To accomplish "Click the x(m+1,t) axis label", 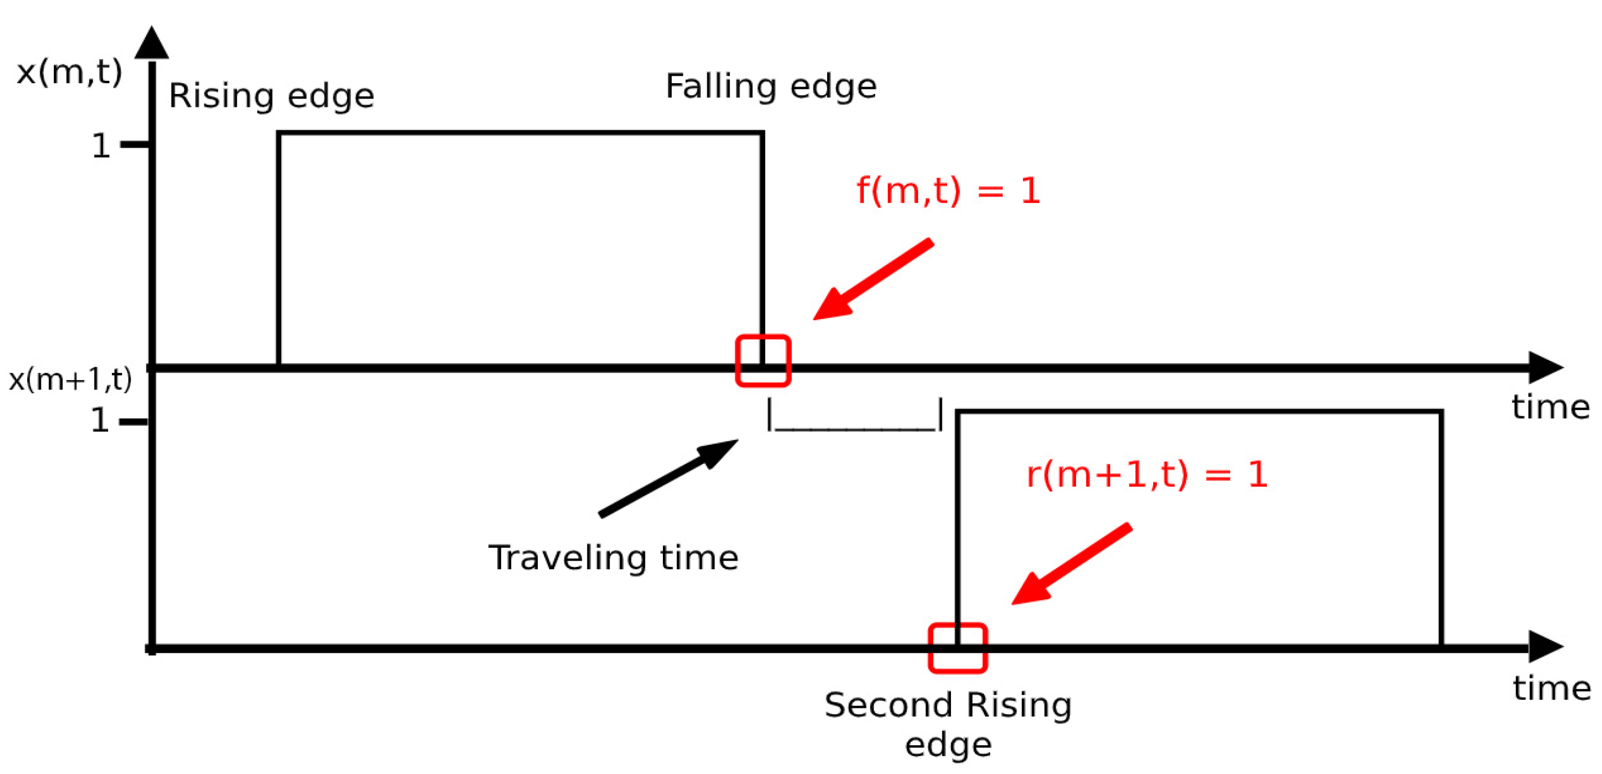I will click(70, 379).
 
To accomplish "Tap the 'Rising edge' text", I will click(271, 96).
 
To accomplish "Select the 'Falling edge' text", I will click(770, 87).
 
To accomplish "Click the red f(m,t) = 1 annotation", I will click(948, 190).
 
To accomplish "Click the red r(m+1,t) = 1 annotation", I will click(1147, 474).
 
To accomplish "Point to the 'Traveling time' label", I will click(613, 558).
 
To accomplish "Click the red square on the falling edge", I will click(763, 361).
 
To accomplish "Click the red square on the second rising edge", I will click(958, 648).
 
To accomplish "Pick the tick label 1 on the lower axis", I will click(100, 422).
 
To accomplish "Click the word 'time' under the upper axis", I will click(1551, 408).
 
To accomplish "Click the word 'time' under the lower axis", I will click(1552, 689).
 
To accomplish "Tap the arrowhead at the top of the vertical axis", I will click(152, 44).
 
